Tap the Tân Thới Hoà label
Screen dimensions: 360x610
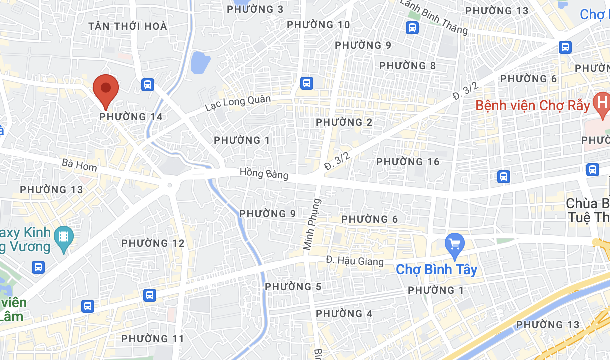point(127,26)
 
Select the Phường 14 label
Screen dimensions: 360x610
point(131,117)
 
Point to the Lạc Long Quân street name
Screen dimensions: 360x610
point(238,103)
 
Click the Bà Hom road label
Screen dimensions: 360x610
point(80,165)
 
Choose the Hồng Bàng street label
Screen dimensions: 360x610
point(264,173)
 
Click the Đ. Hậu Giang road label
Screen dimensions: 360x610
point(355,260)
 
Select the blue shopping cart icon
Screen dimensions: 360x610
point(455,244)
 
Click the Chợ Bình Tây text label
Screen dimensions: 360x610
point(436,270)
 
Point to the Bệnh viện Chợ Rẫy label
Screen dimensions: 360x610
point(533,106)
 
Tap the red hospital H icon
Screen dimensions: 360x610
point(601,103)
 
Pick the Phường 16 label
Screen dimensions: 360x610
point(408,162)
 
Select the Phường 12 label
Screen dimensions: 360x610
point(153,243)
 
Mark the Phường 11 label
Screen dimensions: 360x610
point(153,339)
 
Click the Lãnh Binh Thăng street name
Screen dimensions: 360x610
point(434,17)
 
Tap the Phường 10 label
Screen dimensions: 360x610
point(318,25)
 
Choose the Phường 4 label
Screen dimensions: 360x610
point(344,314)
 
